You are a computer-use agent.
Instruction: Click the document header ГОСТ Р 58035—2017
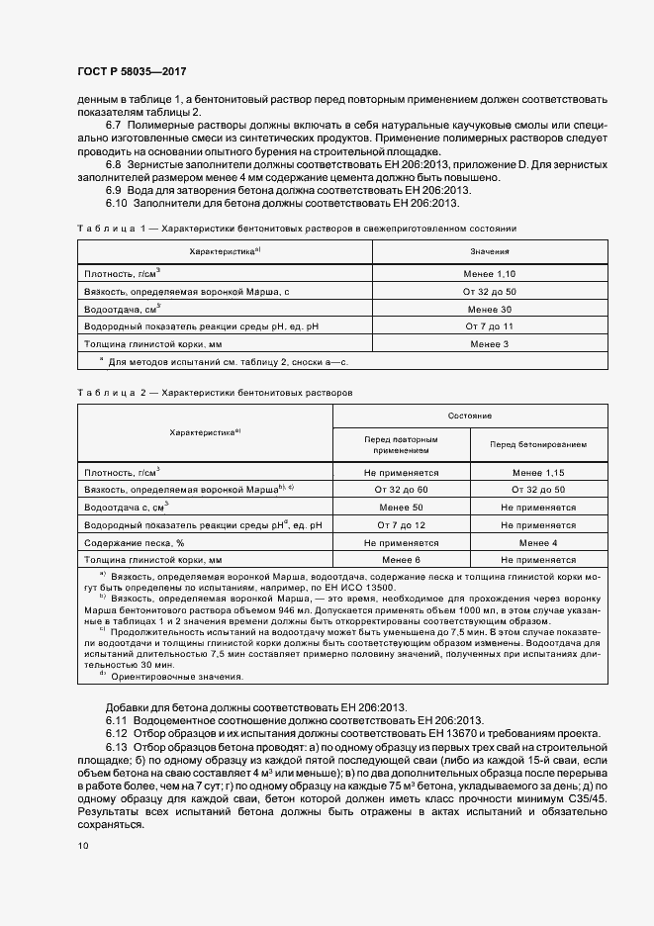point(131,72)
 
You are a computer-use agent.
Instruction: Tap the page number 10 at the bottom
point(82,845)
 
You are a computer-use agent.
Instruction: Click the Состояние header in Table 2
point(469,416)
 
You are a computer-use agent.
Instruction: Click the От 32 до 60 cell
point(400,490)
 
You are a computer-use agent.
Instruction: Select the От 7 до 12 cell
point(400,525)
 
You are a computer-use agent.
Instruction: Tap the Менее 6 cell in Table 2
point(400,560)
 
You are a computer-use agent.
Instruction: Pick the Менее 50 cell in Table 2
point(400,508)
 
